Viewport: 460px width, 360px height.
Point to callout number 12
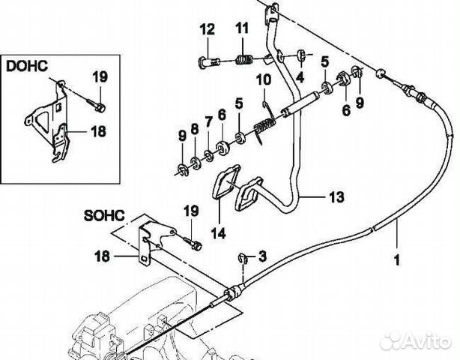point(207,30)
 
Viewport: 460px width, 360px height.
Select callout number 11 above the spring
point(241,29)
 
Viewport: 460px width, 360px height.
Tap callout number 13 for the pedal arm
point(336,198)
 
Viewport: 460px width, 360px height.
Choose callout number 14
point(217,232)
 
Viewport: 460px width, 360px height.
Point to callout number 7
point(208,121)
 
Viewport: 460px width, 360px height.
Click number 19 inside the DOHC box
point(99,75)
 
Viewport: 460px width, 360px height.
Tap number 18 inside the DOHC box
point(98,130)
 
